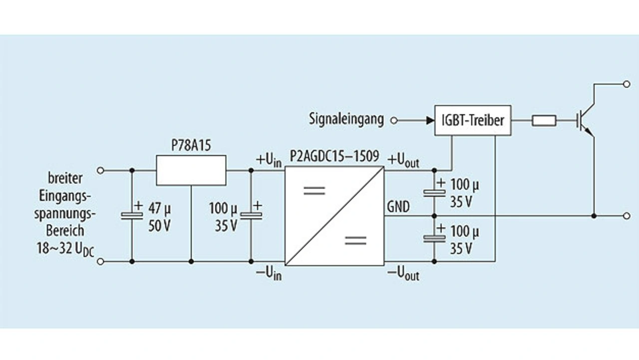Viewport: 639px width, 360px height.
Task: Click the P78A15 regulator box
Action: (191, 170)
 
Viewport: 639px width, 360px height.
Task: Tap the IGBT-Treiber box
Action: (473, 120)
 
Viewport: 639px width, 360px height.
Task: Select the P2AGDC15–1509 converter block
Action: (334, 216)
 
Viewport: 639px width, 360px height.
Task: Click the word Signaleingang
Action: (346, 120)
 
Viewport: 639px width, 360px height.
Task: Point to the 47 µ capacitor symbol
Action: (132, 216)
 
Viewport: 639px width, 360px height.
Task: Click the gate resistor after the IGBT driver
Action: (544, 120)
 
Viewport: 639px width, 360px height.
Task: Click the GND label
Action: (398, 207)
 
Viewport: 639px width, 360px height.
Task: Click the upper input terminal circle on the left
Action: (100, 170)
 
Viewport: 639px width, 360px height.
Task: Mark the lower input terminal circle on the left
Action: (100, 261)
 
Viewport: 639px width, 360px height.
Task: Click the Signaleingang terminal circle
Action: (393, 120)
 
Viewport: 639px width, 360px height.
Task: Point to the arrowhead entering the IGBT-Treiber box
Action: (430, 120)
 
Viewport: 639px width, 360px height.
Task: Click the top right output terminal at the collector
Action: (627, 84)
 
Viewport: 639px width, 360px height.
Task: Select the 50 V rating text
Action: (160, 226)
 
